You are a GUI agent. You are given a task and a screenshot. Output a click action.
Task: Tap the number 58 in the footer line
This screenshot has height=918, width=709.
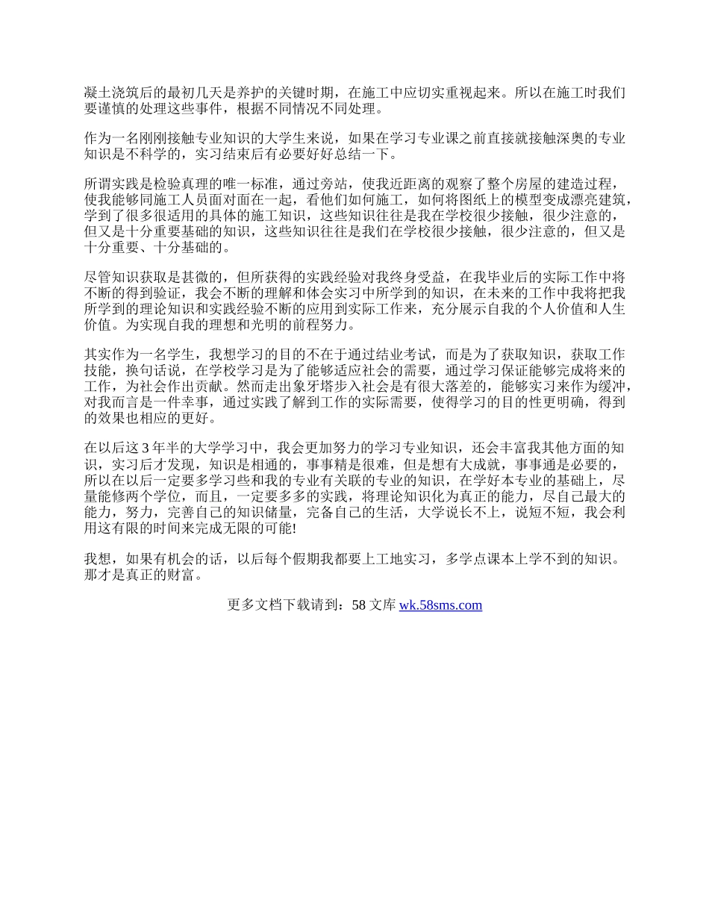click(358, 605)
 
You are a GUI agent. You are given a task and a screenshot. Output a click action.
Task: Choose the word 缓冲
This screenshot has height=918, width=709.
click(617, 387)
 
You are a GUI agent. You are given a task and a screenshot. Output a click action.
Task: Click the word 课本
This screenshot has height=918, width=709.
click(491, 558)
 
